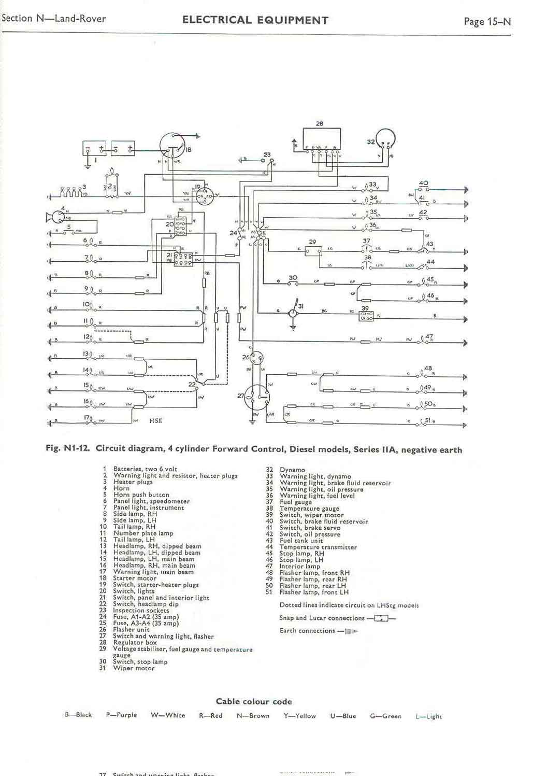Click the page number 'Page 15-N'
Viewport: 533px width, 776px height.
(x=487, y=21)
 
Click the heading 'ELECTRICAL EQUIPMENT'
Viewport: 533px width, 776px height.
(x=255, y=20)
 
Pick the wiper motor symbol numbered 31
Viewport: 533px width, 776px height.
(x=293, y=313)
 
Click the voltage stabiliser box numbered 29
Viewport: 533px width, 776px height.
(x=312, y=251)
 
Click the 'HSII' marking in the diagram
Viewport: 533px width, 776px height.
(x=155, y=421)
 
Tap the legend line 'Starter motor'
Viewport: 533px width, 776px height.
(x=131, y=578)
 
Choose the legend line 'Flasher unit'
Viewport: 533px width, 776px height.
(x=131, y=630)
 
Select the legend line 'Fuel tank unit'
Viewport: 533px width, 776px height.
(x=301, y=541)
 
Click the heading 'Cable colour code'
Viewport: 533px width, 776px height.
(x=254, y=701)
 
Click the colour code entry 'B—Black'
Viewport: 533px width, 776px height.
(x=78, y=715)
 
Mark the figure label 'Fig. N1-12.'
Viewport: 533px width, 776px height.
(x=69, y=449)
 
